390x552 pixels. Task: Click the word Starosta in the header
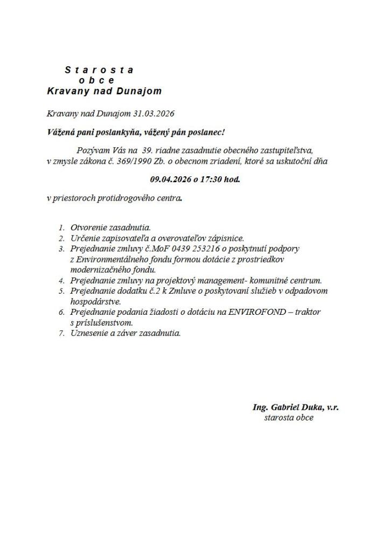point(99,70)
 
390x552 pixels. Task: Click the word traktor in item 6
point(307,312)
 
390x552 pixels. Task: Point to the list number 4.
point(62,280)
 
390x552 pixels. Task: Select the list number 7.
point(62,333)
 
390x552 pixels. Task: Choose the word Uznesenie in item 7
point(89,333)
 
